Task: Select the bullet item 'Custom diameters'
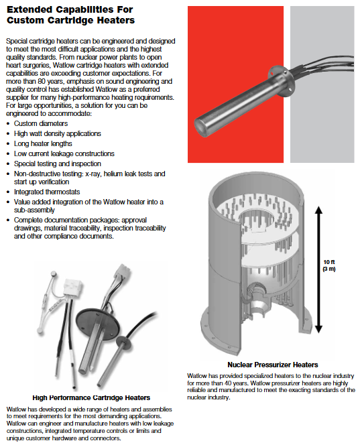(x=41, y=123)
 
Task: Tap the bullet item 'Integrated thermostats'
(x=47, y=192)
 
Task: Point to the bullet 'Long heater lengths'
(x=43, y=143)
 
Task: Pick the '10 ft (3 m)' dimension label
(x=329, y=265)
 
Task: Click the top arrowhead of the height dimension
(x=318, y=210)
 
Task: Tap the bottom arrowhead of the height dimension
(x=318, y=329)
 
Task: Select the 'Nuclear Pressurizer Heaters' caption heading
(x=273, y=365)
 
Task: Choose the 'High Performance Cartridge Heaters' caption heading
(x=91, y=398)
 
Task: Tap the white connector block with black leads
(x=72, y=288)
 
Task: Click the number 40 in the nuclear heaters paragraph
(x=229, y=383)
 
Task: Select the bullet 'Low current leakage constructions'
(x=64, y=153)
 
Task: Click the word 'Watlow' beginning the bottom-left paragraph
(x=16, y=409)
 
